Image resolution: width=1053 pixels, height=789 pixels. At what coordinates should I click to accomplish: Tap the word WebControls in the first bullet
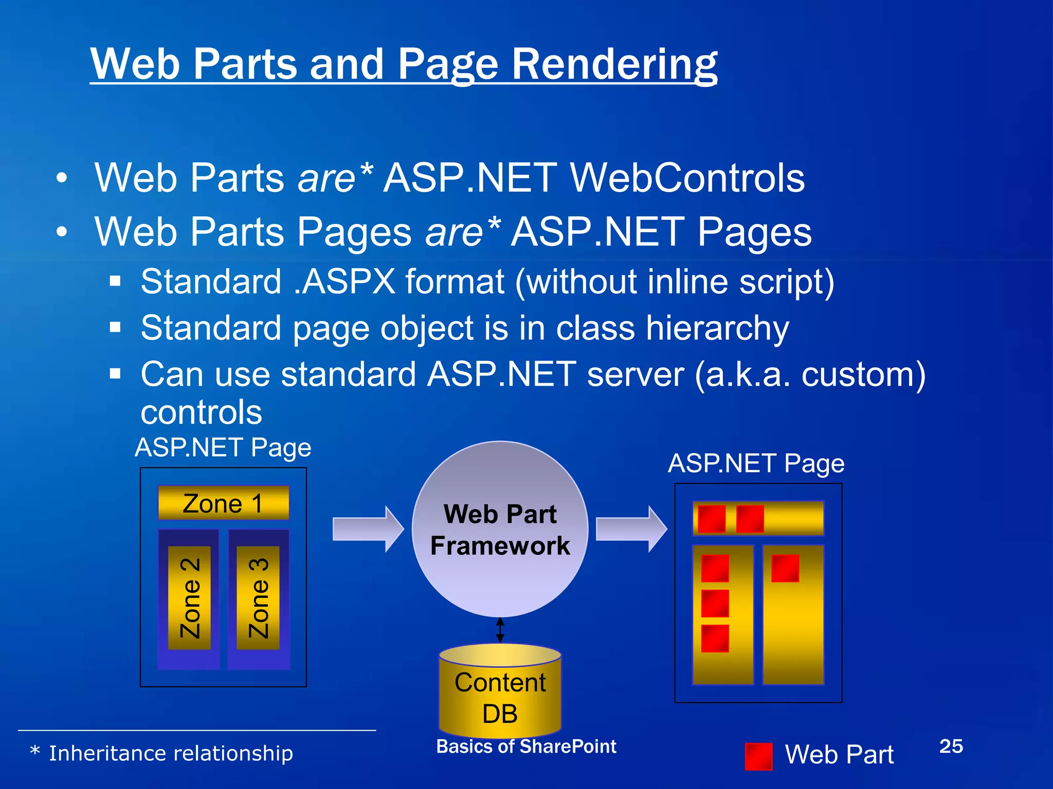(x=687, y=178)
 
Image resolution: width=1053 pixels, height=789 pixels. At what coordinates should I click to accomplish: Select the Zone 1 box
(x=223, y=503)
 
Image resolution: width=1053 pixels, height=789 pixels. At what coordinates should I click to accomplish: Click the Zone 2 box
(x=189, y=598)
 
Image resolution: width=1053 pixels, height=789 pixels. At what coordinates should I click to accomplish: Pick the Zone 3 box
(x=258, y=598)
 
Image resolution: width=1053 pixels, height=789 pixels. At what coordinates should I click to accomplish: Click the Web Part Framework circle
(x=500, y=529)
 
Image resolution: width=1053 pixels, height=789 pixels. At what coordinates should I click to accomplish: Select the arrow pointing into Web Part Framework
(x=368, y=529)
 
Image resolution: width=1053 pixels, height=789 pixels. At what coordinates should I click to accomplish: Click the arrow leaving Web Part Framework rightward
(x=631, y=529)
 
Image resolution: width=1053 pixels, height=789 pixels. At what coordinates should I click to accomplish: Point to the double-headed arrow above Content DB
(x=500, y=630)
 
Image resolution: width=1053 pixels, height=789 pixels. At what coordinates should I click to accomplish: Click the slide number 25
(x=951, y=746)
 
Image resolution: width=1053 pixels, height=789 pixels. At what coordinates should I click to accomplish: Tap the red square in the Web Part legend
(x=758, y=756)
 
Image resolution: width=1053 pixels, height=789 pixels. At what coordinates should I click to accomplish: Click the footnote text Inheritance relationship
(x=171, y=754)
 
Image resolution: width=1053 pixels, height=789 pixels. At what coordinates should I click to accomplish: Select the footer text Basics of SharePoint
(x=526, y=746)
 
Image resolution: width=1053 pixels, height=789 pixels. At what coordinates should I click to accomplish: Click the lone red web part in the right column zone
(x=785, y=568)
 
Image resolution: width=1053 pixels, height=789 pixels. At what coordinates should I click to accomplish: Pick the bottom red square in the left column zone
(x=715, y=638)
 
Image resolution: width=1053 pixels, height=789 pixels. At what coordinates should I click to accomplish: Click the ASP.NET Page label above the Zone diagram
(x=223, y=447)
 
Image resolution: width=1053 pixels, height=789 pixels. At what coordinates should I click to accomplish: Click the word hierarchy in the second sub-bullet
(x=717, y=328)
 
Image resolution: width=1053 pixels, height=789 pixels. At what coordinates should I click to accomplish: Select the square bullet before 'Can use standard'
(x=115, y=373)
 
